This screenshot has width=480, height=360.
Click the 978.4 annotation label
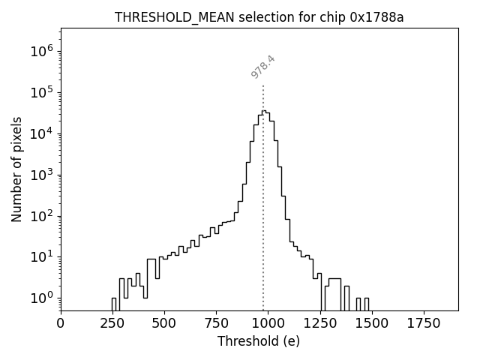point(263,67)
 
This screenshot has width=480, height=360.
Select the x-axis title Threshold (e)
point(259,341)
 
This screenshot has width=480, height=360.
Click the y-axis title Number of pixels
point(17,169)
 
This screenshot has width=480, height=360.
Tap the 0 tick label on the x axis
point(61,323)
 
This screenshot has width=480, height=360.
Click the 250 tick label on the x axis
point(112,323)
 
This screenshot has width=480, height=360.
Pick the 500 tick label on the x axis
point(164,323)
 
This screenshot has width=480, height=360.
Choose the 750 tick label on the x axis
point(216,323)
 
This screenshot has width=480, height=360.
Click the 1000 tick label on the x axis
point(268,323)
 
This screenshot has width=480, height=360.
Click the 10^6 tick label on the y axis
point(41,51)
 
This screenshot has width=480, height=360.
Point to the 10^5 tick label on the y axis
point(41,92)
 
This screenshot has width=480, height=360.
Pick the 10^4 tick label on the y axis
point(41,133)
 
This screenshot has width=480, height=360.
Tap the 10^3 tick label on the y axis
point(41,175)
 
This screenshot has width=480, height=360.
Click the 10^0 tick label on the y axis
point(41,298)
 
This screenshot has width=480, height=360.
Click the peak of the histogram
point(264,111)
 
